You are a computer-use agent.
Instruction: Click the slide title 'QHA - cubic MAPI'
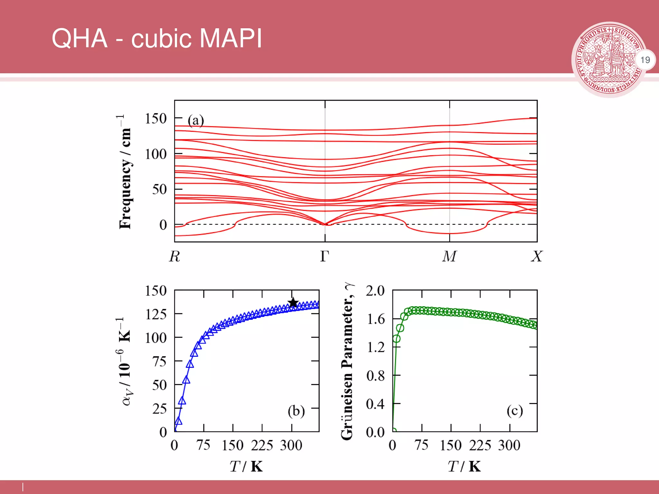tap(157, 38)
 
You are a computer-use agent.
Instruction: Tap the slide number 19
tap(645, 60)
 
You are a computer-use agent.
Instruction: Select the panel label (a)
tap(196, 121)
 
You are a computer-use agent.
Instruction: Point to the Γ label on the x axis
tap(325, 256)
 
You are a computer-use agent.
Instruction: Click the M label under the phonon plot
tap(449, 256)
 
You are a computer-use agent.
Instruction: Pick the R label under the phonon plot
tap(175, 256)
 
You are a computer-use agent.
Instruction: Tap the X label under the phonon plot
tap(536, 256)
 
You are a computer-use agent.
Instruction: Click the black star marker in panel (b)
tap(293, 303)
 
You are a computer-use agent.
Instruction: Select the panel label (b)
tap(296, 411)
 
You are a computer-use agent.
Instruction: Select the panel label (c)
tap(515, 411)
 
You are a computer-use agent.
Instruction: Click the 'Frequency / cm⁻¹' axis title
tap(124, 172)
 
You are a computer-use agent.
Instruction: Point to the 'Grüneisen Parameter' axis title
tap(348, 362)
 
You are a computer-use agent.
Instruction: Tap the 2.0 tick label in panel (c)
tap(375, 291)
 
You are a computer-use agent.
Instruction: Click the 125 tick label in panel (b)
tap(156, 314)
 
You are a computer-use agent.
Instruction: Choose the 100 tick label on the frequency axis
tap(156, 154)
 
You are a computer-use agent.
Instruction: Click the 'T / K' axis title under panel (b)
tap(246, 466)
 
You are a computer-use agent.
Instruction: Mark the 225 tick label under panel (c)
tap(480, 445)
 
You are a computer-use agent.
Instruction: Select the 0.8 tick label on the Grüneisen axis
tap(375, 375)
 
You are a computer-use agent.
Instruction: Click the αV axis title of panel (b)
tap(124, 362)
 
